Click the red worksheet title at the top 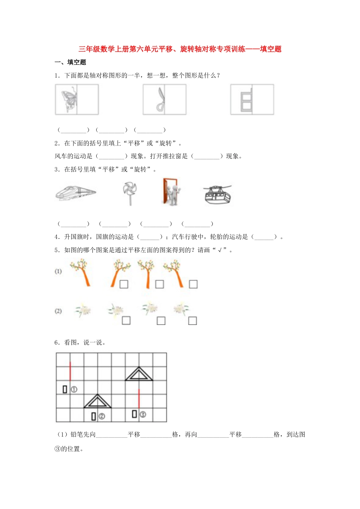[x=180, y=49]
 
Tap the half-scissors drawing [x=161, y=100]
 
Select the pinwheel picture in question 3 [x=130, y=192]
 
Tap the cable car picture [x=218, y=194]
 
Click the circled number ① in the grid [x=74, y=389]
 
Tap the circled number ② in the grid [x=102, y=417]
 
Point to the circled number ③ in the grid [x=142, y=414]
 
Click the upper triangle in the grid [x=139, y=374]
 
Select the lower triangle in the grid [x=97, y=401]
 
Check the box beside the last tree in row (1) [x=193, y=284]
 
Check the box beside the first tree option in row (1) [x=124, y=284]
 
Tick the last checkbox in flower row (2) [x=193, y=321]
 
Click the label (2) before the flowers [x=58, y=311]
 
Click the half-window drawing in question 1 [x=247, y=100]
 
